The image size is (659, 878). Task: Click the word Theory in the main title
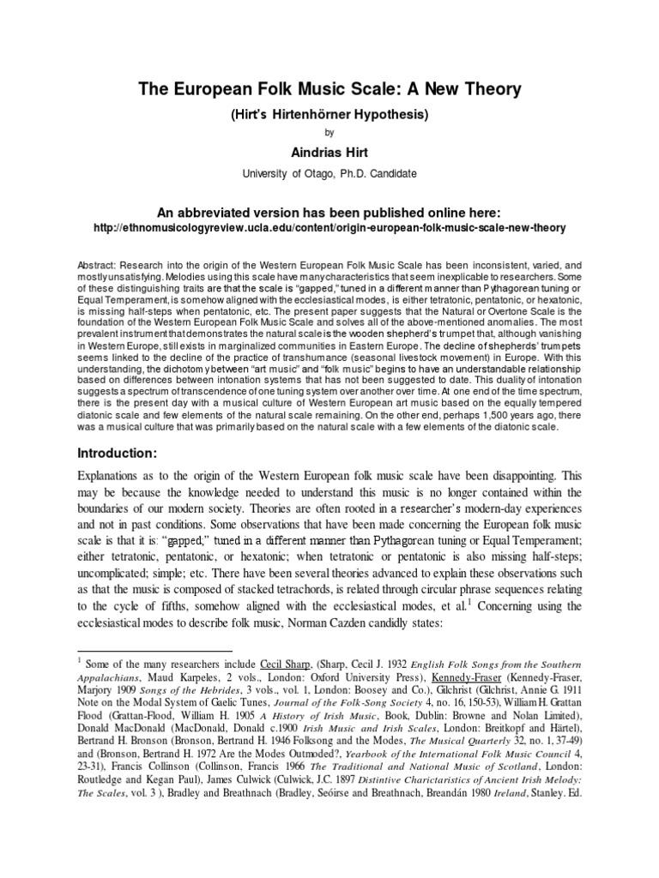point(487,89)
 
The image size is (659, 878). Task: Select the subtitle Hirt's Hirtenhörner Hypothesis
point(329,113)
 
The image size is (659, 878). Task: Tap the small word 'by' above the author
point(329,133)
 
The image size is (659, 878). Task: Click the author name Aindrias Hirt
point(329,153)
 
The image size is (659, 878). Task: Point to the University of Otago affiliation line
point(329,173)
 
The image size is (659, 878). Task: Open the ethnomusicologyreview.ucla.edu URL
point(329,229)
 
